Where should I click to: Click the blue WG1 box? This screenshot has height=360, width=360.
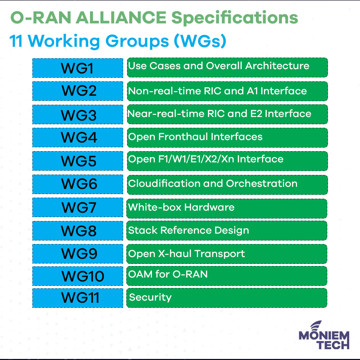coord(78,68)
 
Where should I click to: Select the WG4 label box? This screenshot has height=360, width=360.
coord(78,137)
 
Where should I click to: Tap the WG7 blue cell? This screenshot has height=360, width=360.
coord(78,207)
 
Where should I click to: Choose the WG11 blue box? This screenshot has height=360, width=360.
coord(78,298)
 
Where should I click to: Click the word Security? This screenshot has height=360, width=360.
coord(150,298)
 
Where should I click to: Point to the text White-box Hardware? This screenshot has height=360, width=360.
coord(181,207)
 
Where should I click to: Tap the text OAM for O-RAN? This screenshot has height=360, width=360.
coord(168,274)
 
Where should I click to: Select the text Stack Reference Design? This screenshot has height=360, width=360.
coord(189,230)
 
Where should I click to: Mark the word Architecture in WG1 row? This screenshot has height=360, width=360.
coord(277,66)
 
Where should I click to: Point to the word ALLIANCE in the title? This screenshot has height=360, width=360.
coord(121,18)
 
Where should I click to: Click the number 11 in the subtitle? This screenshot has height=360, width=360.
coord(16,41)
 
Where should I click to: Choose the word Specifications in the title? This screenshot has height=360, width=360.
coord(235,18)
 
